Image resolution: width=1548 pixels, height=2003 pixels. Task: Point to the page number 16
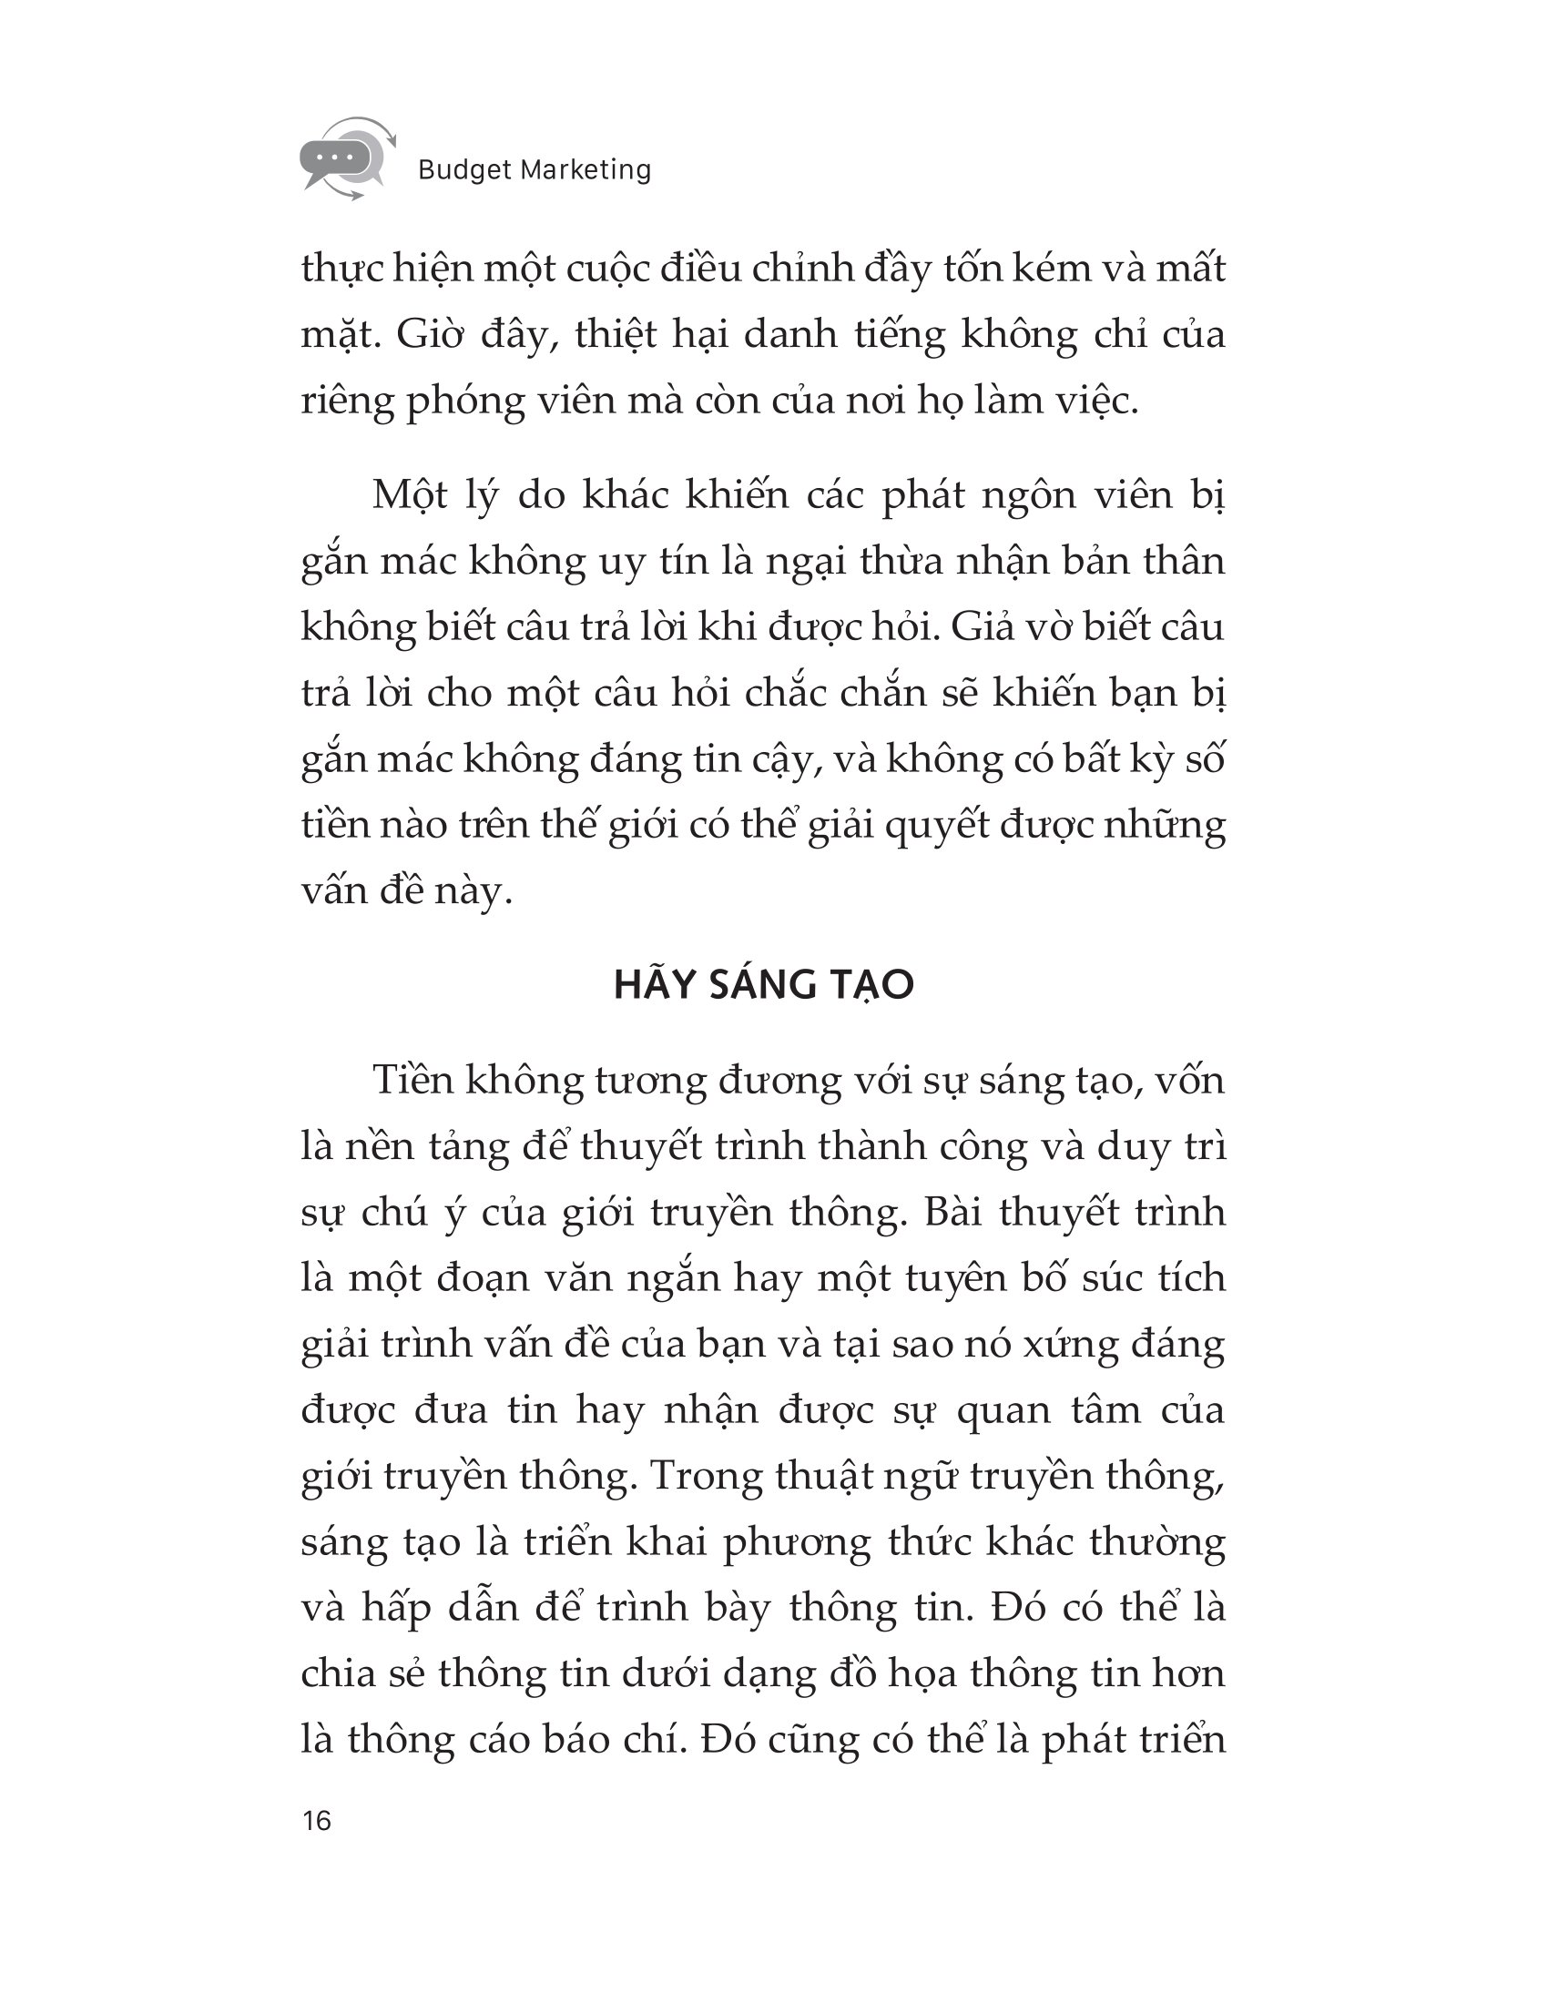[316, 1821]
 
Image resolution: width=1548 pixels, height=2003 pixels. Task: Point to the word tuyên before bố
[955, 1278]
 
